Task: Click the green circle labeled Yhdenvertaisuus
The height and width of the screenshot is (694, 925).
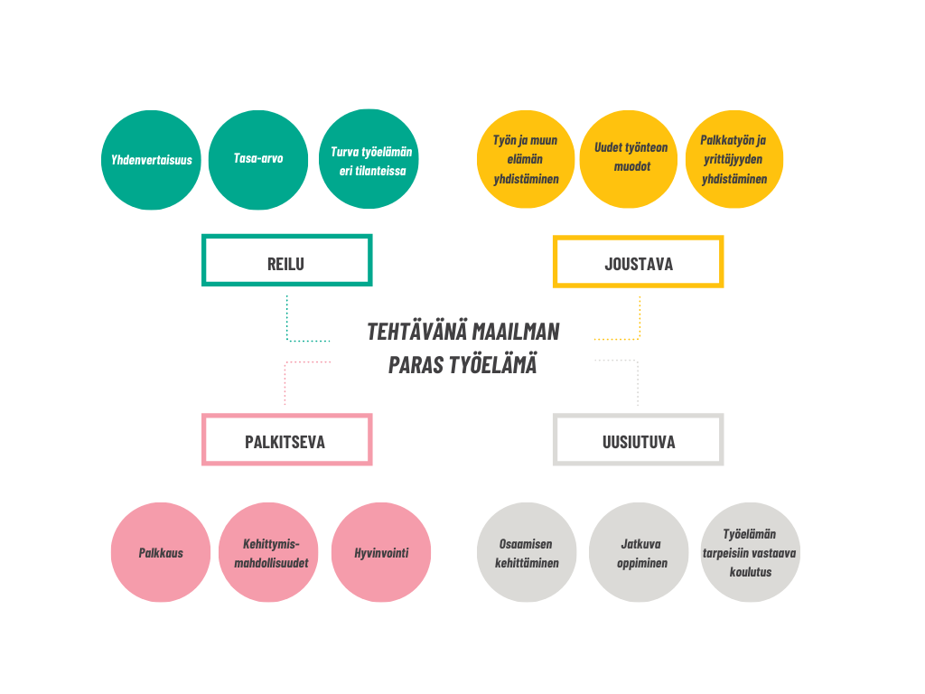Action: pos(151,160)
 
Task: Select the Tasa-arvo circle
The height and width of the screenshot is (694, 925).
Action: pos(258,160)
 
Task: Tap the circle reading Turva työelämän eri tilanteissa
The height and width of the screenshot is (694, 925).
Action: pos(369,159)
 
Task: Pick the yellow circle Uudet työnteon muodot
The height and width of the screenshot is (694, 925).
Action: pos(629,159)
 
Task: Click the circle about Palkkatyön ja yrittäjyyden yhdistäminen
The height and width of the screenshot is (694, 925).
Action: pos(734,159)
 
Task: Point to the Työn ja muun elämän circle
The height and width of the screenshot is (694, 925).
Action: pos(526,159)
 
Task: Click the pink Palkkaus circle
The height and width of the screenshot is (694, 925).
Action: pos(161,552)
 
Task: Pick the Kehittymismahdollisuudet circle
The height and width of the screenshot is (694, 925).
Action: pos(268,552)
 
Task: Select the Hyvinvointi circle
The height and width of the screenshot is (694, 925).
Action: pos(381,552)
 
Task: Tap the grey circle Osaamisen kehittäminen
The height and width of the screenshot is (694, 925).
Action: pos(527,552)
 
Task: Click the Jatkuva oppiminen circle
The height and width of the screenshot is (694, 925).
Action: pos(639,552)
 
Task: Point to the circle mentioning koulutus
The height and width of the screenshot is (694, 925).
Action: pos(751,552)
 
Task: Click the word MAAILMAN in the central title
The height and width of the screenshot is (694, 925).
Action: pos(516,332)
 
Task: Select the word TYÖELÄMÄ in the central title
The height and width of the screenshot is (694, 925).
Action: pos(492,365)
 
